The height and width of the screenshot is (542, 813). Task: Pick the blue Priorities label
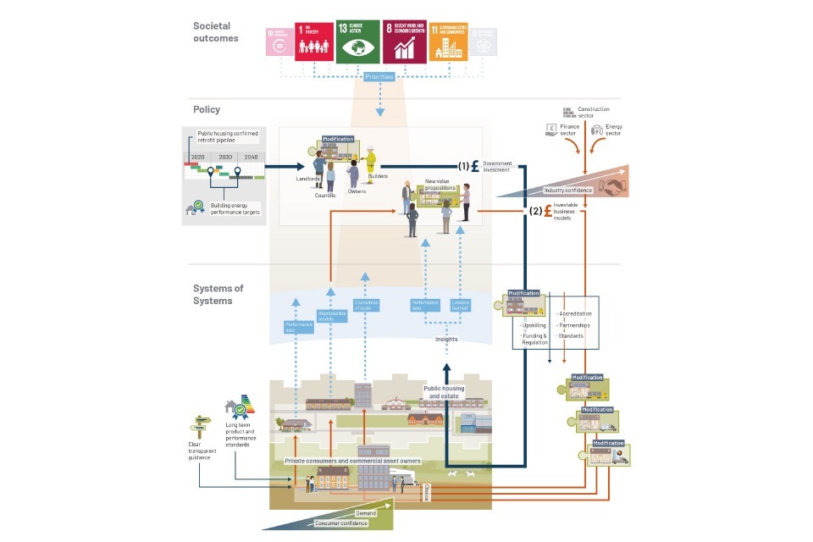(x=380, y=77)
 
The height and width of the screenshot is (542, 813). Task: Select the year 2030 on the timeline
(x=224, y=158)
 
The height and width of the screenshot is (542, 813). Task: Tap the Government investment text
(x=499, y=167)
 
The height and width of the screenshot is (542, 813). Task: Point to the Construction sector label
(x=593, y=112)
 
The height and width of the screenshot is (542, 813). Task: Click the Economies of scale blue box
(x=365, y=307)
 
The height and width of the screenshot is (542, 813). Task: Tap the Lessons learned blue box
(x=461, y=307)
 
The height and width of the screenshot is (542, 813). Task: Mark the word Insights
(x=446, y=339)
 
